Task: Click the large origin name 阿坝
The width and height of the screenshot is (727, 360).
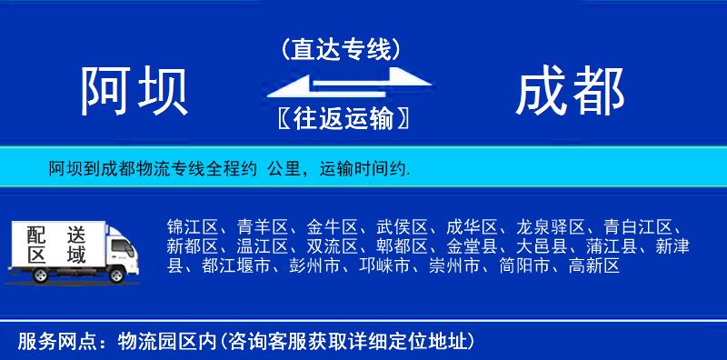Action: coord(134,92)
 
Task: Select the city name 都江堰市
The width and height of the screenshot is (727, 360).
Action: coord(236,266)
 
